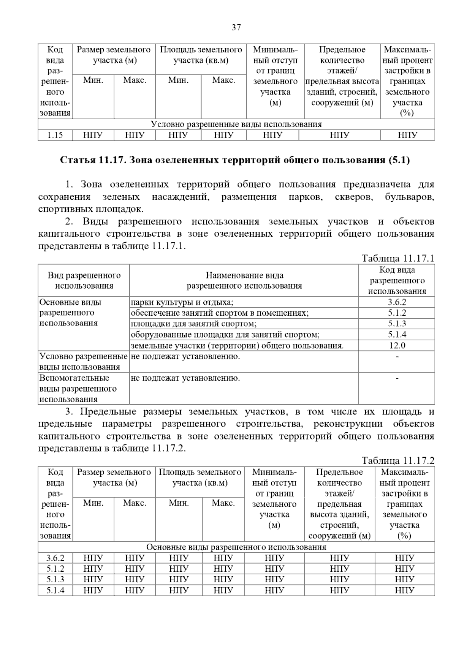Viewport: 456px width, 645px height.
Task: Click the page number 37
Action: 236,27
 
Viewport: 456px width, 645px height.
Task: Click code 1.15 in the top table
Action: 55,135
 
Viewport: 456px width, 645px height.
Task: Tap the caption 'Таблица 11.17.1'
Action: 398,259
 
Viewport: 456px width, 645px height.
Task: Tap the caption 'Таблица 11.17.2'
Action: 398,461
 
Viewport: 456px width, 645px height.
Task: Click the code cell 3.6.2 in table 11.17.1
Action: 397,302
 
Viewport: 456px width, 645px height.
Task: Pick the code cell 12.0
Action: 397,345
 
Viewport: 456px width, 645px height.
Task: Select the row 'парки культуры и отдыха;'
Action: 182,302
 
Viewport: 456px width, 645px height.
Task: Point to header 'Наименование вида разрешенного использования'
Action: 244,280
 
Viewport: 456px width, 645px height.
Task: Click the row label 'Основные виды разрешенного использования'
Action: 70,313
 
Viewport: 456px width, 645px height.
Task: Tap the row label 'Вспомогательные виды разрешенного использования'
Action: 78,389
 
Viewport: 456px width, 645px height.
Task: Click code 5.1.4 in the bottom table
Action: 55,591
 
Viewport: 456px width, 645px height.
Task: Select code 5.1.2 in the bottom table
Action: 55,569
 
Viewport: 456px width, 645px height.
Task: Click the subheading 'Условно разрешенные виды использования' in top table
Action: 236,125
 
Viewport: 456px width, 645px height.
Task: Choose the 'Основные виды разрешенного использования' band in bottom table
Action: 236,547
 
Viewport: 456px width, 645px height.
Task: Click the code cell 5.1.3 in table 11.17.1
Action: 397,324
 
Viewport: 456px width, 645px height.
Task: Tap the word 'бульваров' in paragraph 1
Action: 409,197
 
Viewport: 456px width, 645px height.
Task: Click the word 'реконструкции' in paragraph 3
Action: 342,424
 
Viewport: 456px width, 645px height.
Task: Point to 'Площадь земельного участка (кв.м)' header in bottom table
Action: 200,477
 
